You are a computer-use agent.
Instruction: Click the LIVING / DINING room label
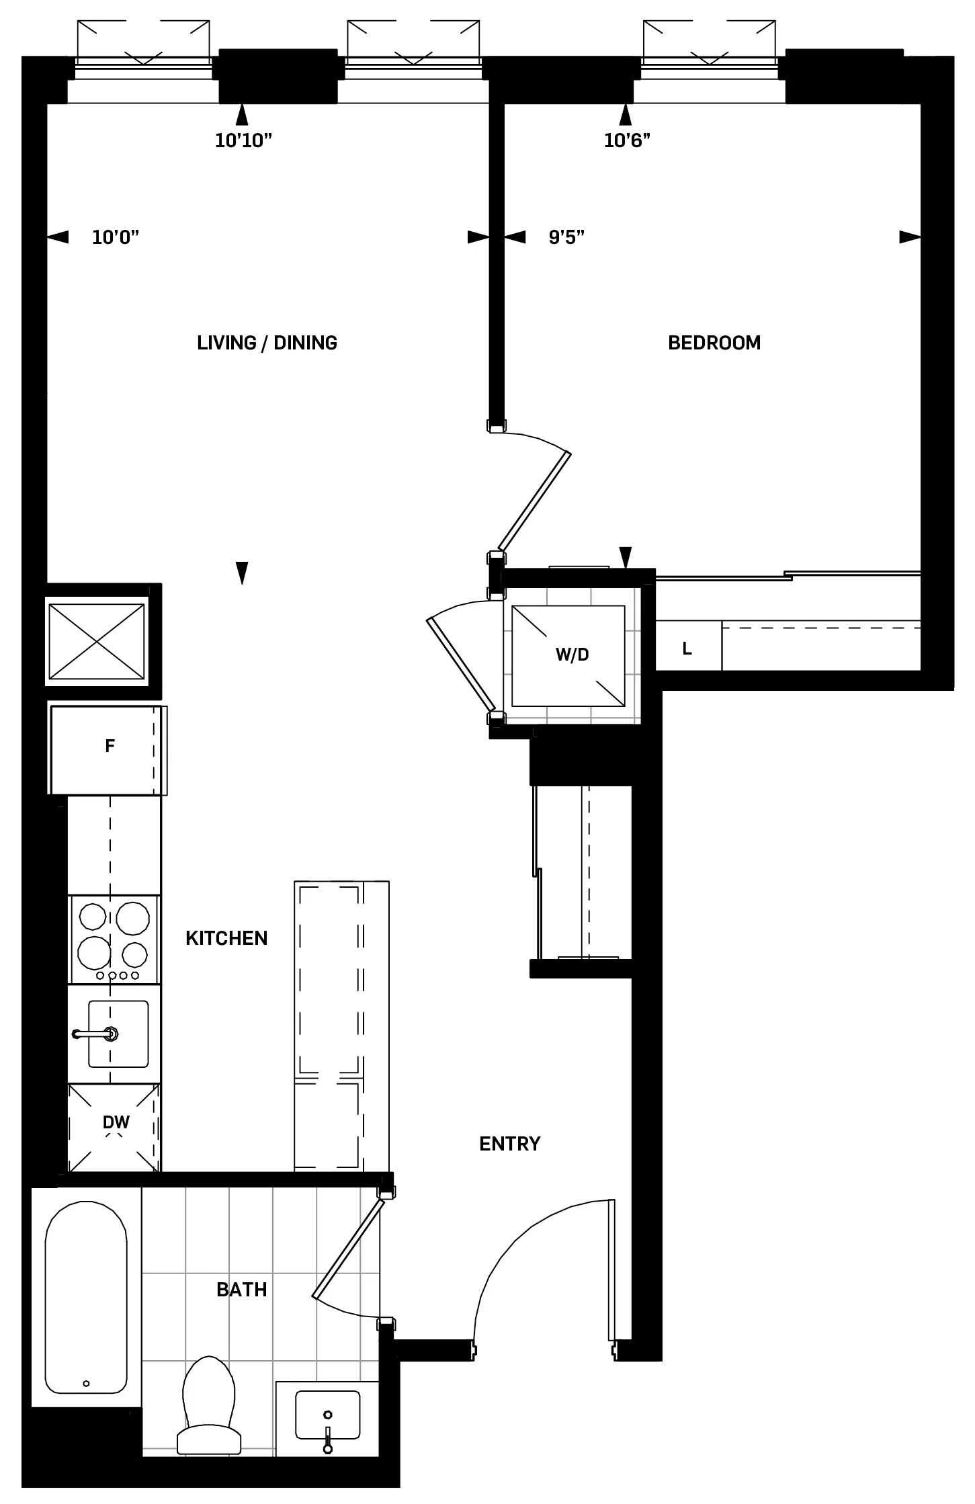click(267, 343)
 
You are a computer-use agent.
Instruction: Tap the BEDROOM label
click(714, 343)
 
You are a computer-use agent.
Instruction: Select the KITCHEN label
click(226, 937)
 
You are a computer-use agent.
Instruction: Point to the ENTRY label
click(509, 1143)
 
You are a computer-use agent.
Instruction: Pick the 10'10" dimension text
click(243, 140)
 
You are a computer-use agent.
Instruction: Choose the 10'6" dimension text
click(627, 140)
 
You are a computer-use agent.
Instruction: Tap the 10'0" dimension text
click(116, 237)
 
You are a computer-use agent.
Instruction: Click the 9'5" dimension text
click(566, 237)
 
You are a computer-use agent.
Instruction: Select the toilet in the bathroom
click(209, 1404)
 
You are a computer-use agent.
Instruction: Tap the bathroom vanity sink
click(327, 1415)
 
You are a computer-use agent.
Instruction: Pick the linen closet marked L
click(687, 648)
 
